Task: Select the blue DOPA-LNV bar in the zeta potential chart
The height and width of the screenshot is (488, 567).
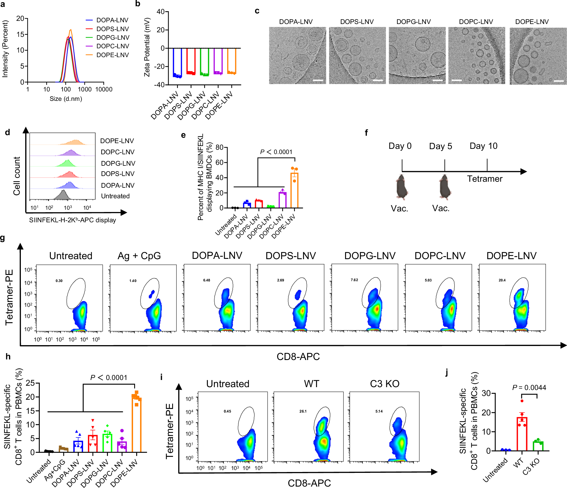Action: click(x=177, y=61)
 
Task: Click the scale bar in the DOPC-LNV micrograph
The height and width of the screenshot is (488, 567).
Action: click(x=457, y=81)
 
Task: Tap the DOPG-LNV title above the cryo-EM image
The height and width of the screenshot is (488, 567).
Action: click(x=413, y=22)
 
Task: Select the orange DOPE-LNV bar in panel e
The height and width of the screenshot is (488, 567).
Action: click(x=294, y=190)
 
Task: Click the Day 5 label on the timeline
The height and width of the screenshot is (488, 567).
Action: click(x=441, y=146)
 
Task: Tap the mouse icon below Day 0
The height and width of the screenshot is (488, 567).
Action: click(x=402, y=187)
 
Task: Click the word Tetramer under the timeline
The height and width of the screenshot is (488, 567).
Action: click(x=484, y=179)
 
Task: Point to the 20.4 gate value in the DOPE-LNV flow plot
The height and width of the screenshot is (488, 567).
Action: click(x=502, y=280)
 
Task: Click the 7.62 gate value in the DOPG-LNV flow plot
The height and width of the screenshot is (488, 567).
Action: click(x=354, y=280)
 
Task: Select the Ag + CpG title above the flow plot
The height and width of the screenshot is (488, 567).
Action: click(x=139, y=256)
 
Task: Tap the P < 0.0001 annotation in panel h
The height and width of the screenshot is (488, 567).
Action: click(x=108, y=378)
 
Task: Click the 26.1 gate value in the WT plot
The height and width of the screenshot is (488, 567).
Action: click(x=303, y=411)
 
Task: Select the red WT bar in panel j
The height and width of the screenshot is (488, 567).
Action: click(x=522, y=434)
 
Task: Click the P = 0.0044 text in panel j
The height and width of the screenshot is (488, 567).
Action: click(x=529, y=388)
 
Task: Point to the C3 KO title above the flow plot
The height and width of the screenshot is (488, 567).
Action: click(x=385, y=384)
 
